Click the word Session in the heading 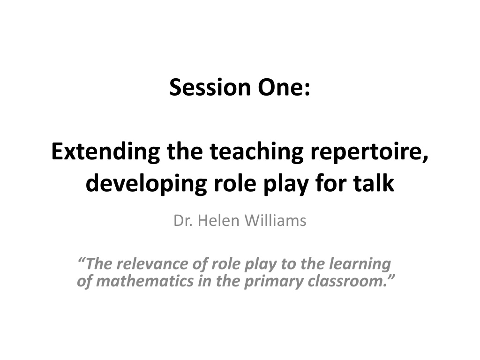coord(210,87)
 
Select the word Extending coord(105,152)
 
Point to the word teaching coord(256,152)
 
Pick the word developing coord(146,184)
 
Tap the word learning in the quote coord(360,264)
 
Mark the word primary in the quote coord(273,282)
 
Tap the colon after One coord(307,89)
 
